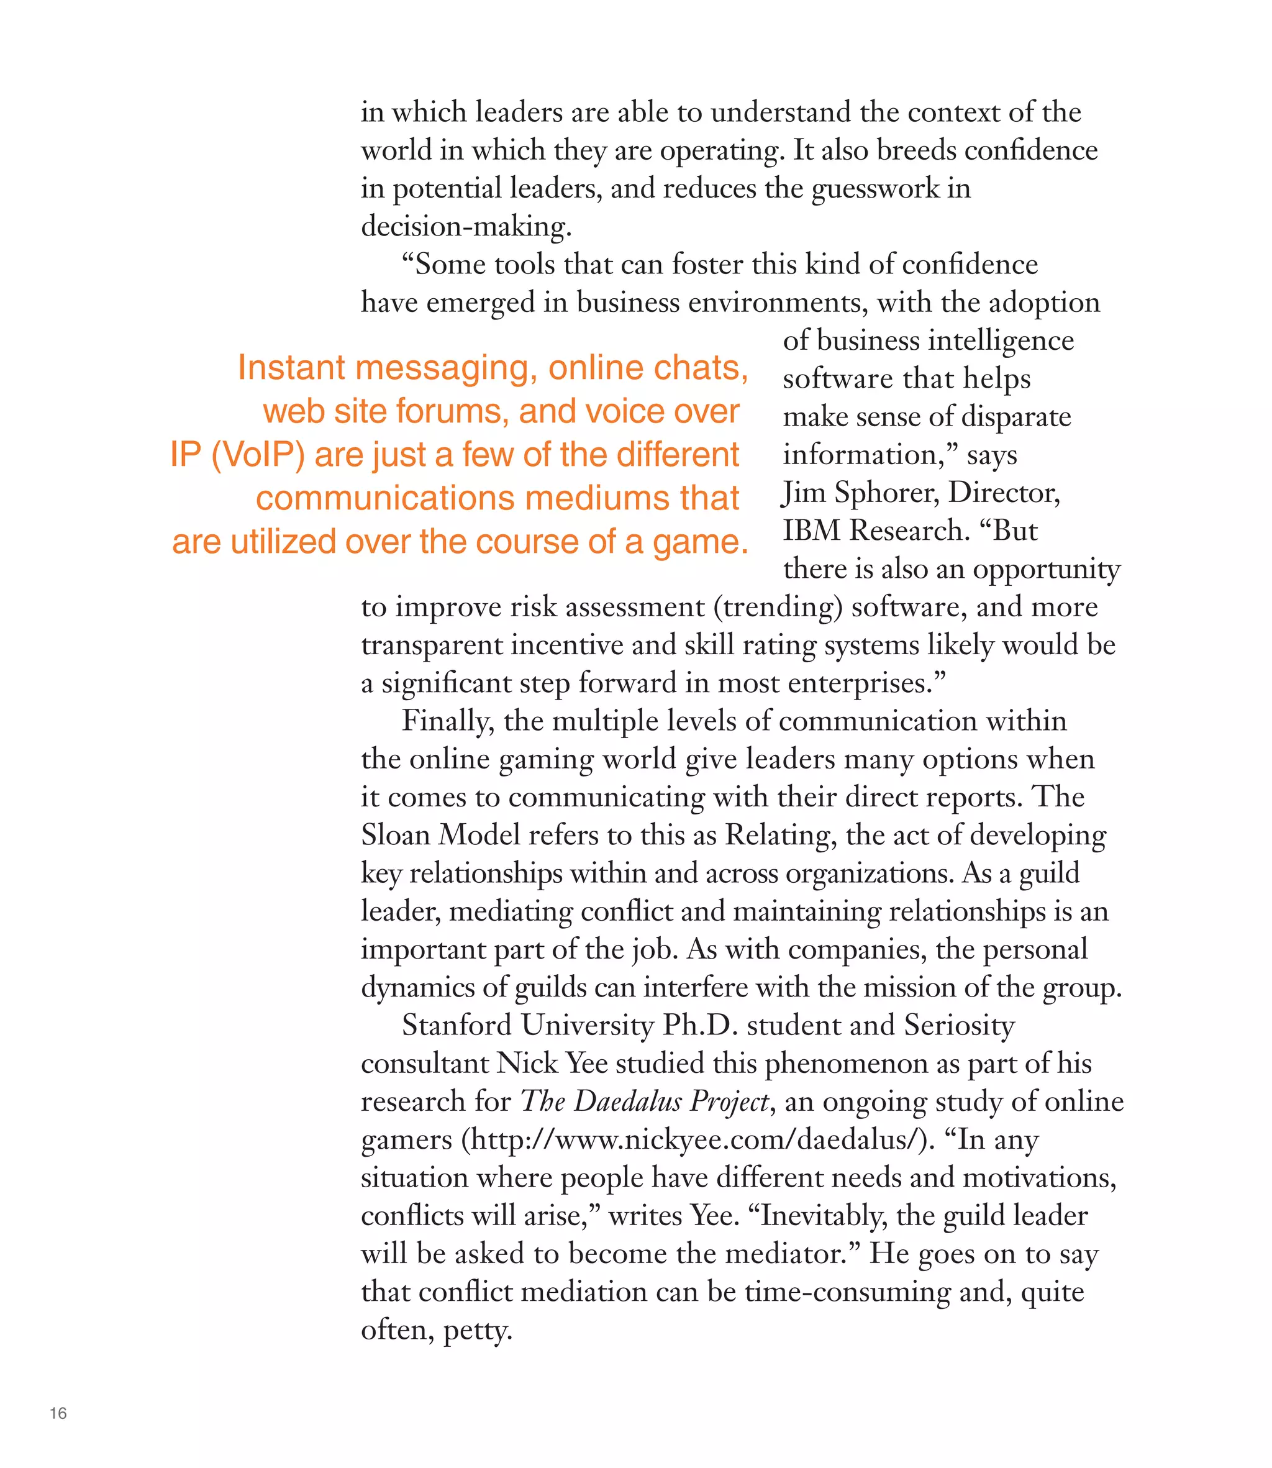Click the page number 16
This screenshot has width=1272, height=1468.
(x=58, y=1413)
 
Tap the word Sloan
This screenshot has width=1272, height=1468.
(x=396, y=836)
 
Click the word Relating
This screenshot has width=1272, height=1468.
(x=776, y=836)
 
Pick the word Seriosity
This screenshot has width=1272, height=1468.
(x=959, y=1026)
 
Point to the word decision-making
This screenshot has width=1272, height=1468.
(x=466, y=227)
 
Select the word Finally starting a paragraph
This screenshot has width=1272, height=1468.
(x=448, y=721)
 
